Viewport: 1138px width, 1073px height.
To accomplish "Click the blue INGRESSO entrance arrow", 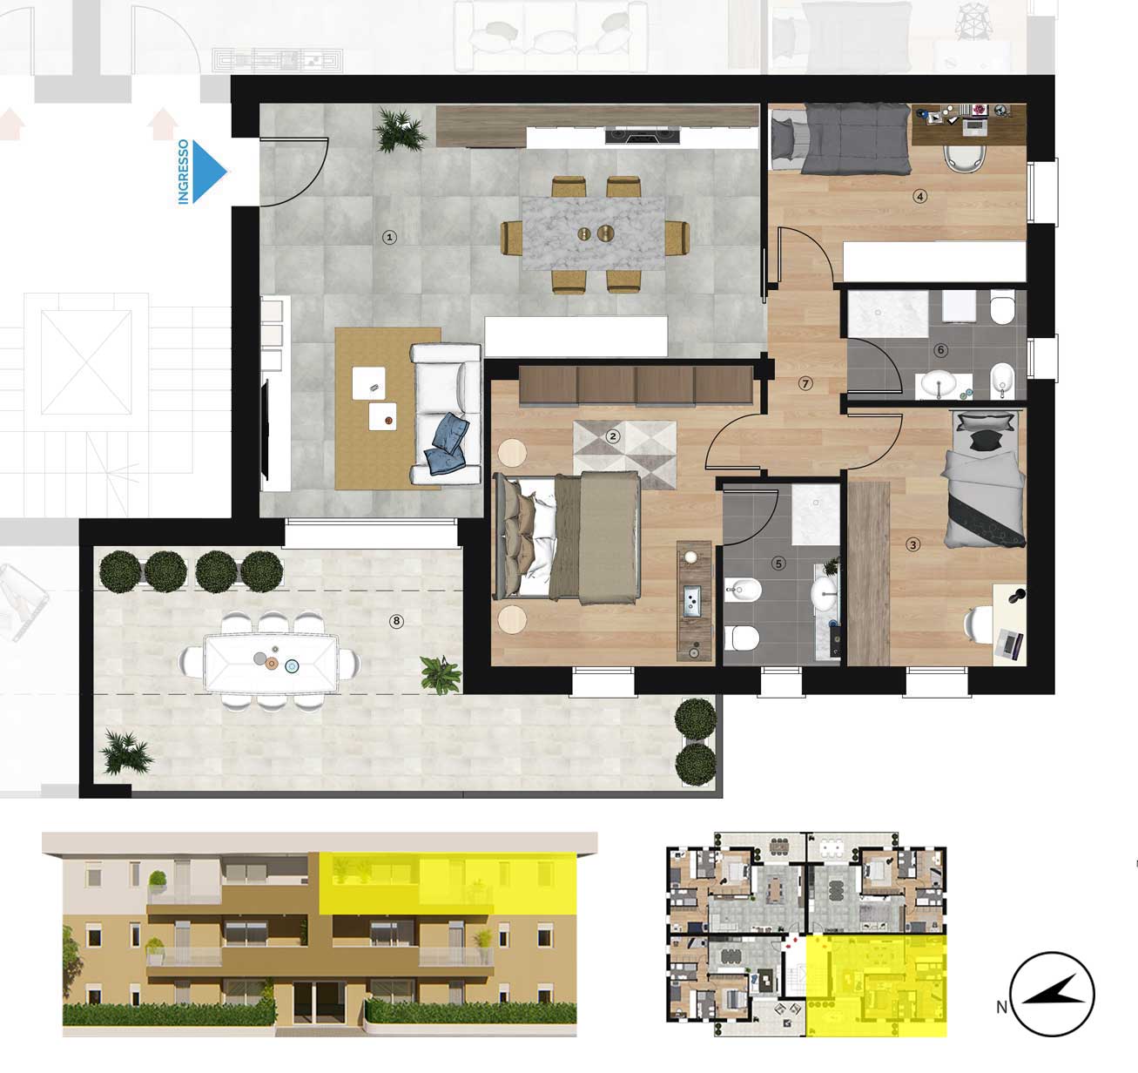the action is (x=208, y=172).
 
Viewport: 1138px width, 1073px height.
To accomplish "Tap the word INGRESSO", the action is (x=184, y=172).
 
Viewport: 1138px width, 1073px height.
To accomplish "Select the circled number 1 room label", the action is (x=390, y=237).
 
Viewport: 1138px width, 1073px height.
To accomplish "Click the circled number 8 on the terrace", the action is (x=396, y=621).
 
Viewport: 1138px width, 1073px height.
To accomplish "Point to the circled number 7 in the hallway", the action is (x=805, y=383).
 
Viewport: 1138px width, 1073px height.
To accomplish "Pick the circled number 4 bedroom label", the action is (x=919, y=197).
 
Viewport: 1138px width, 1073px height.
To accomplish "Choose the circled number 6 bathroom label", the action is (x=941, y=350).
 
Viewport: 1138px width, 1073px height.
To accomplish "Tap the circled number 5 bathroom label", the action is (x=778, y=563).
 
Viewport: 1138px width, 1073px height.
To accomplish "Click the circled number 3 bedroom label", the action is (x=913, y=544).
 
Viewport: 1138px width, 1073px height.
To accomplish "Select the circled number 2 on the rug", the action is (x=613, y=436).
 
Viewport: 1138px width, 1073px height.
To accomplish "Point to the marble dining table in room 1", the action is (x=593, y=233).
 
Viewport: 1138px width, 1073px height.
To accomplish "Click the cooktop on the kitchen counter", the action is (x=643, y=137).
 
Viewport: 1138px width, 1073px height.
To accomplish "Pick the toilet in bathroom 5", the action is (x=743, y=638).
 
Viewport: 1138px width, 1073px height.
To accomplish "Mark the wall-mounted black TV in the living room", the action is (x=266, y=429).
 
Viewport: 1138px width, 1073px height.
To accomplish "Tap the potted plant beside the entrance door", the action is (x=401, y=132).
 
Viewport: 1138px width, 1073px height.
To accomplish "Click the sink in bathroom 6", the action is (x=939, y=383).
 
